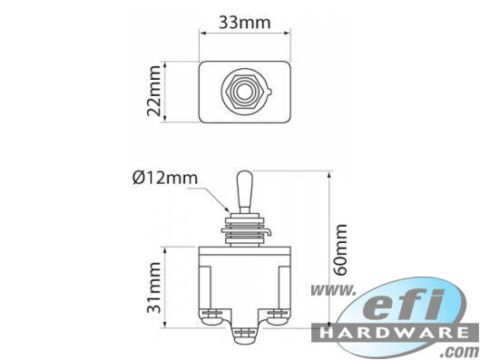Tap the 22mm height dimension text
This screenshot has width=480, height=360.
pos(154,92)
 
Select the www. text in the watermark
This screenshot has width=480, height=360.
pos(333,291)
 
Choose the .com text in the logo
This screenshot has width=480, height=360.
pos(461,349)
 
